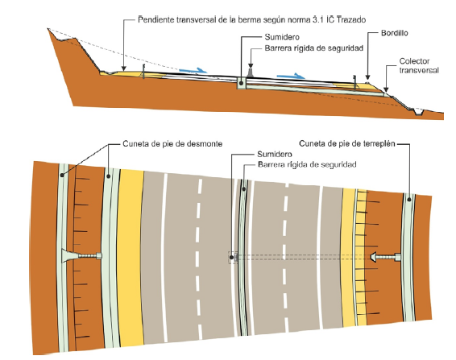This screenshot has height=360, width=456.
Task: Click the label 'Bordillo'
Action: coord(394,33)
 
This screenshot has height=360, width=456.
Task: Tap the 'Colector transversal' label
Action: coord(418,65)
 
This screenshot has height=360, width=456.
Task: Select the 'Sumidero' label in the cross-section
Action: coord(282,37)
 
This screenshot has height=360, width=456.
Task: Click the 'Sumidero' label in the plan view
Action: coord(275,154)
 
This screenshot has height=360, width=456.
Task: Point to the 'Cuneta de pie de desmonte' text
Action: coord(172,143)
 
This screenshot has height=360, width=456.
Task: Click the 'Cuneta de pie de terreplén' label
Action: coord(347,143)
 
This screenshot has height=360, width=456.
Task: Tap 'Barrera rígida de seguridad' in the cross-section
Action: coord(314,48)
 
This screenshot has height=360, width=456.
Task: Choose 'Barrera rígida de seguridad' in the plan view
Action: coord(307,164)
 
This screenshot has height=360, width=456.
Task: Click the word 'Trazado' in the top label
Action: coord(350,20)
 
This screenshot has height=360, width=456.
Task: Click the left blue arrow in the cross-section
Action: coord(193,70)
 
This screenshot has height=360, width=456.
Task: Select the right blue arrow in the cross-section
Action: coord(291,77)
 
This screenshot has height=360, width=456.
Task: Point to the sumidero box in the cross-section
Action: coord(241,83)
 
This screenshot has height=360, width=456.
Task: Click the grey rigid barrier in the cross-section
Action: coord(251,73)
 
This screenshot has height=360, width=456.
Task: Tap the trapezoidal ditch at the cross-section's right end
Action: coord(418,111)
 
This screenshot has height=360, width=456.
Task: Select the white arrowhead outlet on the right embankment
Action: coord(374,257)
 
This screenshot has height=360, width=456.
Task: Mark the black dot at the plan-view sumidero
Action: coord(231,258)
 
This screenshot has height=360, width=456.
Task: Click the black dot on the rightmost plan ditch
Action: coord(409,200)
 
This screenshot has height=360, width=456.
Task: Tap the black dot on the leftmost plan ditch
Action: coord(62,175)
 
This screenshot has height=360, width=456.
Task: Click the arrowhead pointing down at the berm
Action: coord(124,68)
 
